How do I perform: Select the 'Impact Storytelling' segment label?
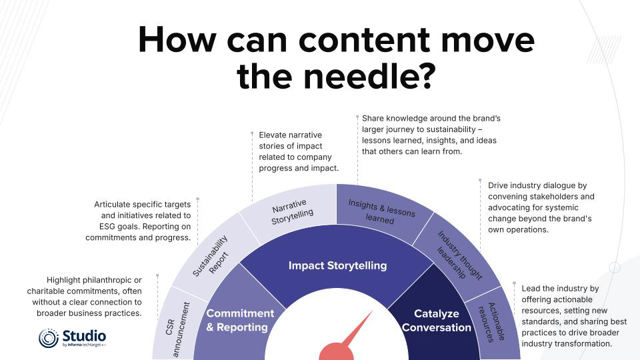point(337,265)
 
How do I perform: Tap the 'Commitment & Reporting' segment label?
point(240,320)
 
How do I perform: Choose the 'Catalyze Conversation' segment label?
point(437,320)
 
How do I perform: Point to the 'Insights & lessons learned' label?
point(381,212)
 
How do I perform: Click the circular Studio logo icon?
point(49,338)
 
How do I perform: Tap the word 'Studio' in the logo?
point(84,335)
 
